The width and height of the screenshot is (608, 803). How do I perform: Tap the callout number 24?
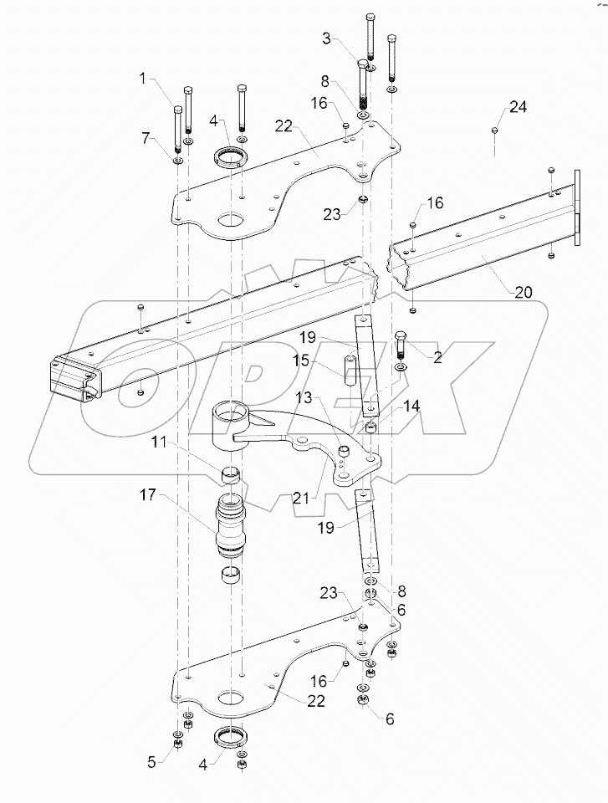coord(519,107)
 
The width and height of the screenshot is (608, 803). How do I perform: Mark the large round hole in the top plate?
coord(231,223)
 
